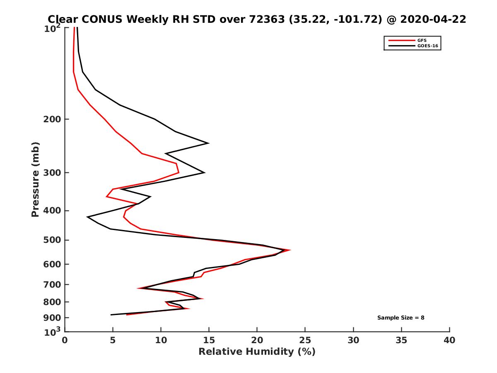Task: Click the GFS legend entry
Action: [422, 40]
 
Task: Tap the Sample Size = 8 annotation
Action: [400, 318]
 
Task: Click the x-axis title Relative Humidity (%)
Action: [257, 352]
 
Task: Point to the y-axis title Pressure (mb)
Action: [35, 179]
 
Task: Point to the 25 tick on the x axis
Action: [305, 340]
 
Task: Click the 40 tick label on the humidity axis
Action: [449, 340]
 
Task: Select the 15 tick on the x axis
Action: [209, 340]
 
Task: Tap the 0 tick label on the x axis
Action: [65, 340]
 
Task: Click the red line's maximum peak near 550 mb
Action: [290, 250]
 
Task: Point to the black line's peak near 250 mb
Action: [208, 143]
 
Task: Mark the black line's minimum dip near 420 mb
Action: [87, 217]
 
